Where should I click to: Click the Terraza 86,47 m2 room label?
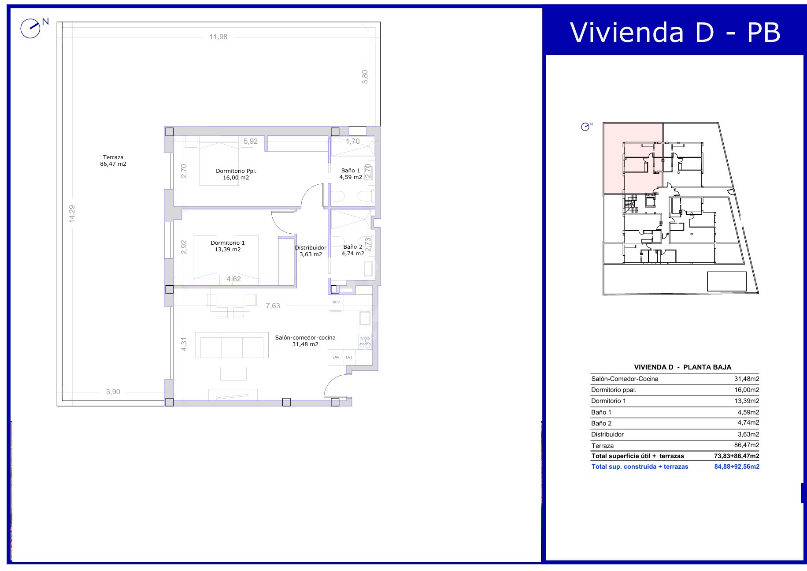click(113, 160)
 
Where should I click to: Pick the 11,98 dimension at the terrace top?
click(218, 37)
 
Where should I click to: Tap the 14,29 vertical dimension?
click(72, 214)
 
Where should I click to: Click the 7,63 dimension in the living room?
click(273, 306)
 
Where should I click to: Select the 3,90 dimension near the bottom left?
click(113, 392)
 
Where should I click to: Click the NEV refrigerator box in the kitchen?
click(336, 302)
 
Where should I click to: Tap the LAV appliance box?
click(336, 357)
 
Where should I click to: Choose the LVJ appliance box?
click(349, 357)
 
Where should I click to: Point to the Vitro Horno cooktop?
click(365, 341)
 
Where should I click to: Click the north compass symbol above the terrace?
click(31, 28)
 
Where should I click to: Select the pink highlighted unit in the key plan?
click(633, 159)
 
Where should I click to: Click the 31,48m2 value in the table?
click(746, 379)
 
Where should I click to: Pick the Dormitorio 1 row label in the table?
click(608, 401)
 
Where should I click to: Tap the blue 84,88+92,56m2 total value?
click(737, 467)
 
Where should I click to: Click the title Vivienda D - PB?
click(675, 32)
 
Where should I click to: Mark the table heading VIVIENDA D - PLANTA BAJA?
click(682, 367)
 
